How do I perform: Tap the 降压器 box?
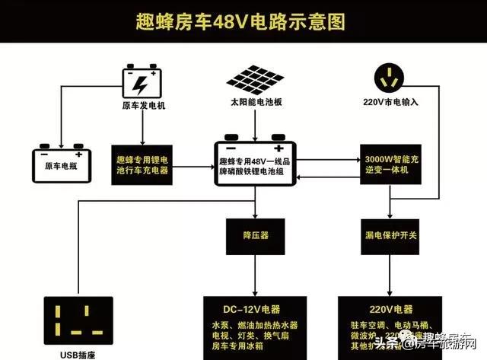pos(256,236)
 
